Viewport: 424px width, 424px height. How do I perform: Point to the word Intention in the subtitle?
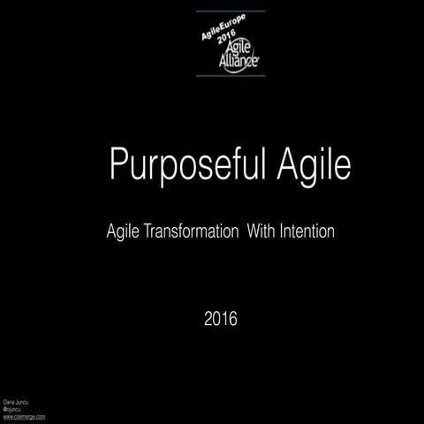(306, 233)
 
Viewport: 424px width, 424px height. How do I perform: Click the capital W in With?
(252, 233)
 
